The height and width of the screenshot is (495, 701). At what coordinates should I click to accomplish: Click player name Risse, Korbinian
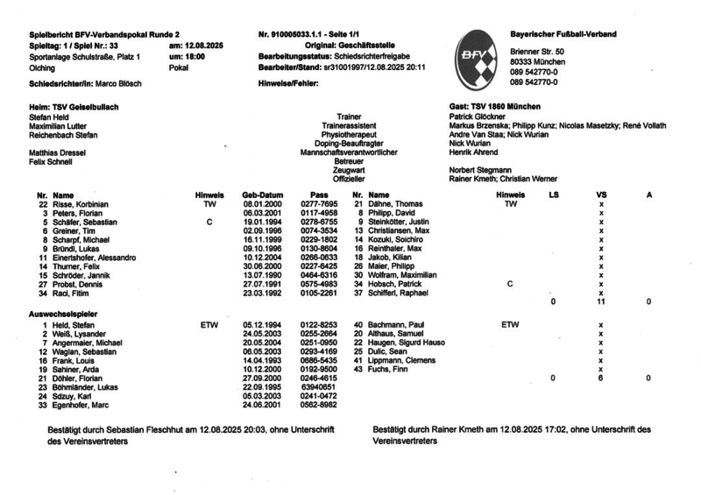point(80,203)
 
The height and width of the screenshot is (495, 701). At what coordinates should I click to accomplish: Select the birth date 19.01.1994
point(260,222)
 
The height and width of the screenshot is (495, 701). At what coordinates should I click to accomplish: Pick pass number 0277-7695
point(319,203)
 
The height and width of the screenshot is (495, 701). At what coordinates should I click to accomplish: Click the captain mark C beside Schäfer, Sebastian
point(209,222)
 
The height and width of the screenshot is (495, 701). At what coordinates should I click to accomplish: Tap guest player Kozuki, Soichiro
point(395,240)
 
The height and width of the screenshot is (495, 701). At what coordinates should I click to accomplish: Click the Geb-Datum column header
point(262,194)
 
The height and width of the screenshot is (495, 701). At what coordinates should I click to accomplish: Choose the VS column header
point(601,194)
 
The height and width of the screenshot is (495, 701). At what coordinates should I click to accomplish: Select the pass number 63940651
point(319,387)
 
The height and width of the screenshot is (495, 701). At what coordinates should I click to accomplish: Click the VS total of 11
point(601,301)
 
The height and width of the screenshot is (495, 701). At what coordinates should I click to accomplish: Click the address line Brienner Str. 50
point(537,53)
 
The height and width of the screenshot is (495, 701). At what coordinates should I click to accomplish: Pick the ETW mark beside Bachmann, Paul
point(511,323)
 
